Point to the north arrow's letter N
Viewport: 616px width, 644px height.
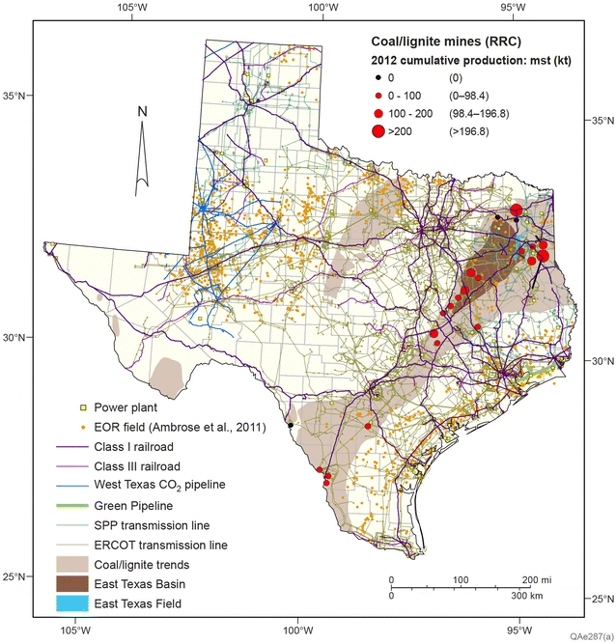(141, 111)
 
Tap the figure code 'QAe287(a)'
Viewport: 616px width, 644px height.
(588, 637)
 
